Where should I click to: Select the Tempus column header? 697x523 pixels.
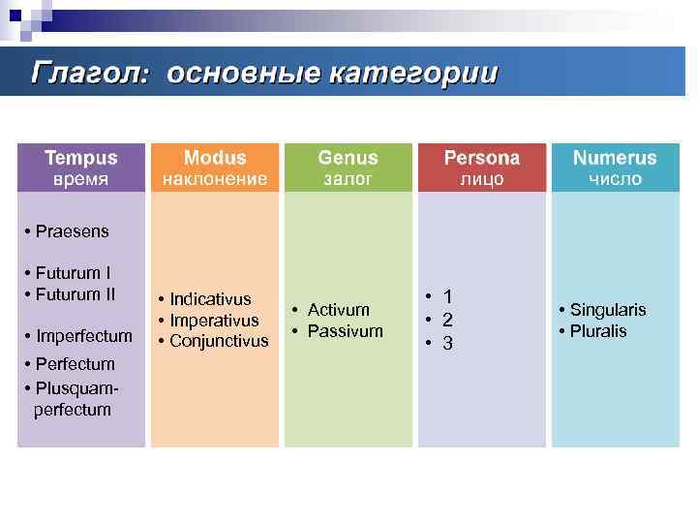(x=80, y=157)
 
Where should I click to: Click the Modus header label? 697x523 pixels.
(x=215, y=157)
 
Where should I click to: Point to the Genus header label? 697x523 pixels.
(x=348, y=157)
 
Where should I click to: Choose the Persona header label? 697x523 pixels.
(x=481, y=157)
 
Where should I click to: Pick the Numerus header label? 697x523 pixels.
(x=615, y=157)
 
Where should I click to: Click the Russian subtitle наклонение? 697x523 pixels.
(x=215, y=179)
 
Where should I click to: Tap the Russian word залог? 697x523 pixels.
(x=348, y=179)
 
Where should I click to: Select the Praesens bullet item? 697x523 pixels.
(x=72, y=231)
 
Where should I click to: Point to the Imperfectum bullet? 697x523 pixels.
(x=83, y=336)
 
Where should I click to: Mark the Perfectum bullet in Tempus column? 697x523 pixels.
(x=75, y=364)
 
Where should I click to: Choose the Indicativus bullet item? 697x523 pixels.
(x=209, y=299)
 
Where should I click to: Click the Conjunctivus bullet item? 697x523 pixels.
(x=218, y=341)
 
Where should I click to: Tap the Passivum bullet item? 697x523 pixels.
(x=345, y=331)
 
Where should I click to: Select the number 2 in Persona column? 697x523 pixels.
(x=447, y=320)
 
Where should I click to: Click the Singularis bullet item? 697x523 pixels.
(x=607, y=310)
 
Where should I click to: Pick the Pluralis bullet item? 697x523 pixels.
(x=597, y=331)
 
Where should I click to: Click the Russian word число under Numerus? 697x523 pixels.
(x=615, y=179)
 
